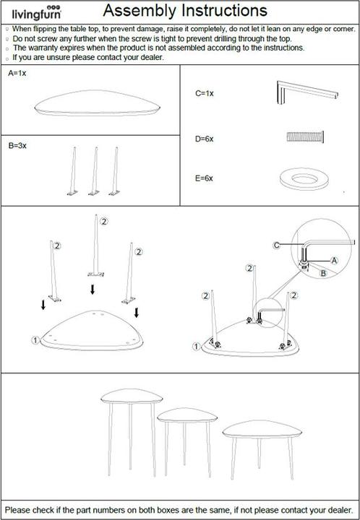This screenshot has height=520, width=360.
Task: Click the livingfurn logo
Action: point(36,12)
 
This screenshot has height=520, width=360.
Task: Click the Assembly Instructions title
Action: point(185,11)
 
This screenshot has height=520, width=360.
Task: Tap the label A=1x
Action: point(17,73)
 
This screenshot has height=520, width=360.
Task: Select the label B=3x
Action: point(17,146)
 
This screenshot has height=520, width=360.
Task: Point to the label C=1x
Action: point(205,93)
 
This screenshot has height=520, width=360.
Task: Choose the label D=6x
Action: point(205,139)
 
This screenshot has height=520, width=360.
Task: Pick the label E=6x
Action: point(204,178)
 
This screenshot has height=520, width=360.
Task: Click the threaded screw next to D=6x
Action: point(305,136)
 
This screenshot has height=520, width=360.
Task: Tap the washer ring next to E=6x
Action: point(304,179)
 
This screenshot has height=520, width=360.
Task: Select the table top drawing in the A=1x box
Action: point(97,103)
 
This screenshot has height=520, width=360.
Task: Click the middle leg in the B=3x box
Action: point(95,171)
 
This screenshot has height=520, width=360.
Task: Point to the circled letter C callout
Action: point(276,246)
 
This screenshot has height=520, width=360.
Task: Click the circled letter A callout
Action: point(335,261)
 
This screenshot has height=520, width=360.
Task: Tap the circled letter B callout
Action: point(323,273)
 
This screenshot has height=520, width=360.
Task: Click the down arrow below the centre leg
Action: point(93,290)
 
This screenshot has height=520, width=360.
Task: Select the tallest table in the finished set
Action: point(132,433)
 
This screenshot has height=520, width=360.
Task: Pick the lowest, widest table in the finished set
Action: point(262,449)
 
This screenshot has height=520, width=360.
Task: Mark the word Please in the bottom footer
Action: point(17,510)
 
